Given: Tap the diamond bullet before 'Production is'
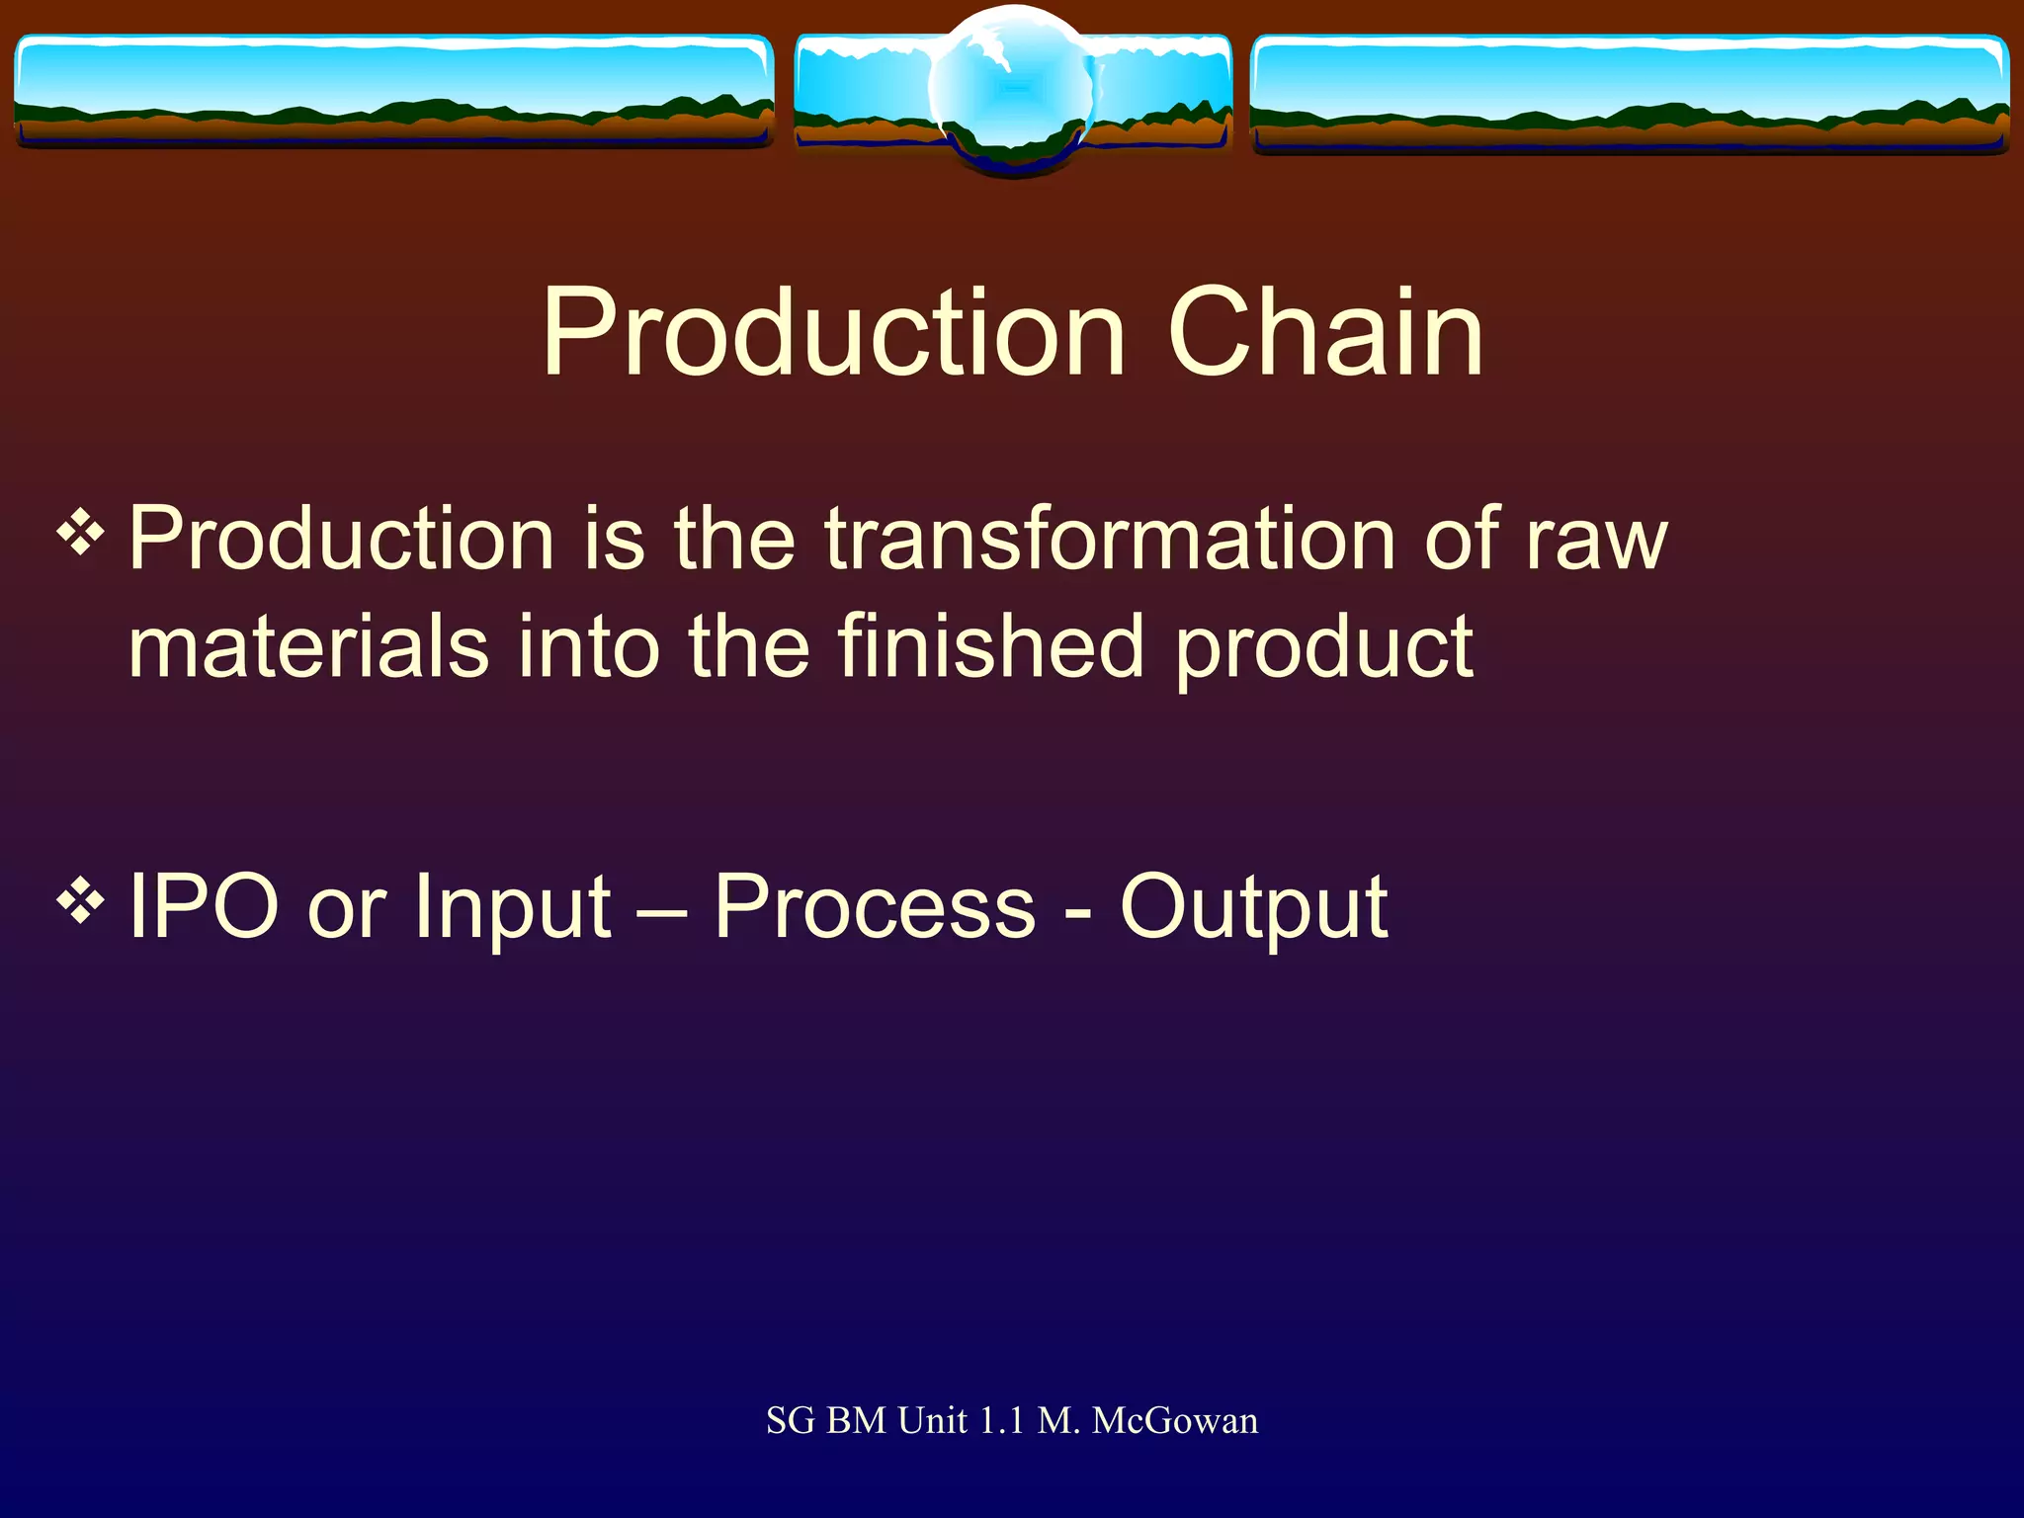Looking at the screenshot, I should point(81,535).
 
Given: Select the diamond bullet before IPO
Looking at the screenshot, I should point(81,900).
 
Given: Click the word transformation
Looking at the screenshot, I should point(1110,540).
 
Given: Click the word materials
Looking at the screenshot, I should point(308,647).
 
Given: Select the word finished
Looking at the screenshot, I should point(991,647).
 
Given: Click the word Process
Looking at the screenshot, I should point(875,906).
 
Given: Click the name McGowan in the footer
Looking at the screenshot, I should point(1175,1421).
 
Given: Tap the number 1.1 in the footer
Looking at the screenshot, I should point(1000,1421).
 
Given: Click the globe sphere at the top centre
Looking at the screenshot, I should point(1013,89).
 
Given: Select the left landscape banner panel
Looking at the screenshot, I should point(393,91).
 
